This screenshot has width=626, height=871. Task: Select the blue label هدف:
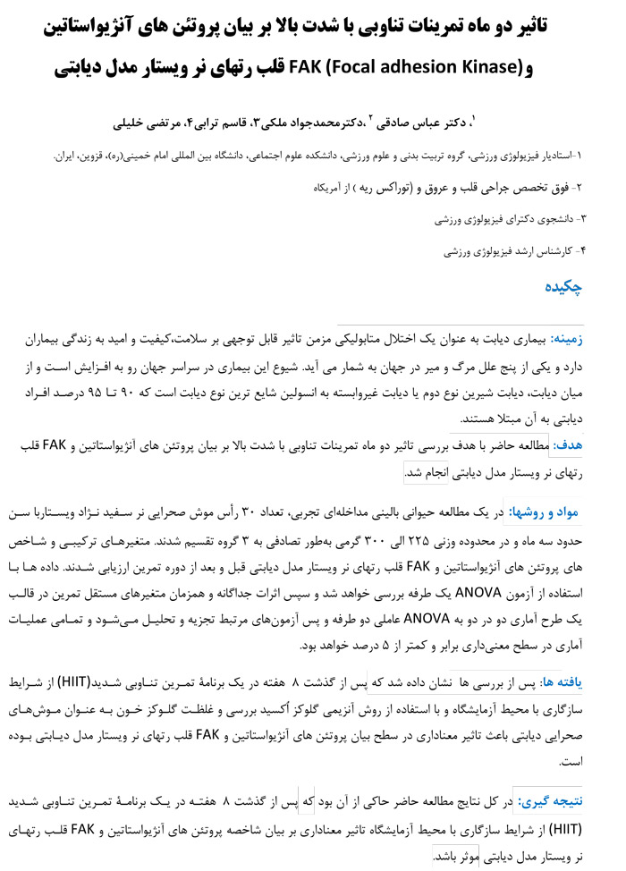570,444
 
